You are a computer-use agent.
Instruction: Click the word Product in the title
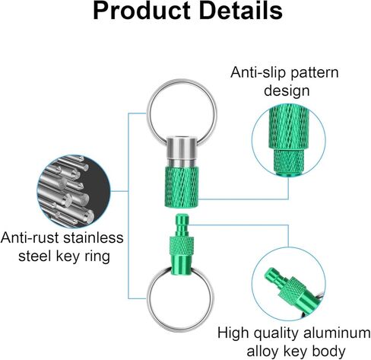click(141, 11)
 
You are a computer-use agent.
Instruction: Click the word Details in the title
click(240, 11)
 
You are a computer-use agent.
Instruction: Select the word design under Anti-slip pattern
click(287, 91)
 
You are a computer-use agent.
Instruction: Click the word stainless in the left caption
click(94, 237)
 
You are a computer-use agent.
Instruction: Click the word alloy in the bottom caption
click(263, 352)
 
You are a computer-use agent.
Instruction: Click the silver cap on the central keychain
click(182, 151)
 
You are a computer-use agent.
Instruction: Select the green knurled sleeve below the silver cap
click(182, 186)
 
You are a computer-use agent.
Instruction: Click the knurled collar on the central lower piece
click(182, 246)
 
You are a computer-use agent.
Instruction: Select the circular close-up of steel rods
click(74, 191)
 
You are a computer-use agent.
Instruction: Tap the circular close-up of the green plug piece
click(289, 284)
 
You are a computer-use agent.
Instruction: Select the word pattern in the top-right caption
click(314, 73)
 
